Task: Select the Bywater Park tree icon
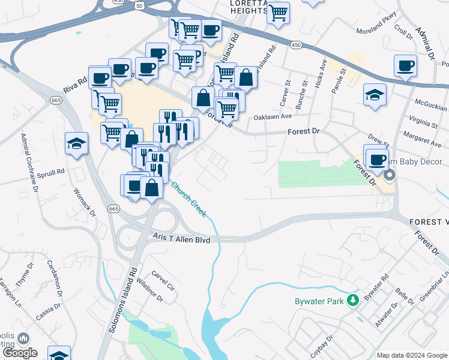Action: [x=354, y=300]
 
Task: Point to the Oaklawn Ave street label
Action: [x=273, y=118]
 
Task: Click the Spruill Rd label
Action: [x=50, y=175]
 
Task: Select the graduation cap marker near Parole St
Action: [x=375, y=94]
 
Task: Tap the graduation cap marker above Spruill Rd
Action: [x=77, y=143]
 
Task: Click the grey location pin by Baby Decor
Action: [x=390, y=175]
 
